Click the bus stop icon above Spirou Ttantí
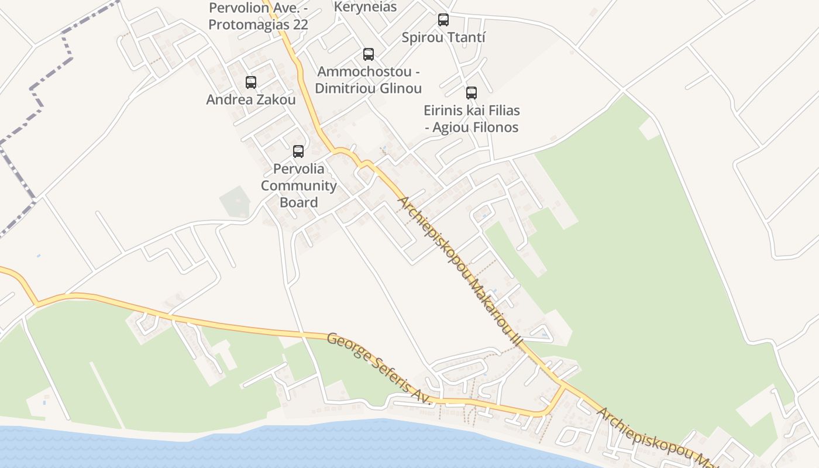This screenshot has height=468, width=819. click(443, 20)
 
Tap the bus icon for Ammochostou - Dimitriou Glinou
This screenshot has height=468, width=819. click(369, 54)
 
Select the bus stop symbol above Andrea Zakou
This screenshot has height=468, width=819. click(251, 82)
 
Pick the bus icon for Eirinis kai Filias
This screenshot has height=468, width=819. click(472, 93)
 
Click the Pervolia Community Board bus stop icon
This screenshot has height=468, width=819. click(298, 152)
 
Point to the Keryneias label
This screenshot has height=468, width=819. click(365, 7)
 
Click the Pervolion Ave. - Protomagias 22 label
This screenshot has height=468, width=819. click(258, 16)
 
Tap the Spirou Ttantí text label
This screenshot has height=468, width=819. click(443, 37)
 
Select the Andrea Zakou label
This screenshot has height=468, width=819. click(251, 99)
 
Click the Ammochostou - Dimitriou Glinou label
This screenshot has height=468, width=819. click(369, 80)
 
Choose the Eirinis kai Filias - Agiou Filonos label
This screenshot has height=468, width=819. click(472, 119)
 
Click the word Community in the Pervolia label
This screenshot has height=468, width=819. click(298, 186)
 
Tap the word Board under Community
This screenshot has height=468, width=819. click(298, 202)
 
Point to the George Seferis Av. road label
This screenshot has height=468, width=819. click(378, 369)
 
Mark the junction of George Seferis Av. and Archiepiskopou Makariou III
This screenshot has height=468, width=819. click(563, 386)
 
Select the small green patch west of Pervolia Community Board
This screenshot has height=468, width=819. click(235, 202)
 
